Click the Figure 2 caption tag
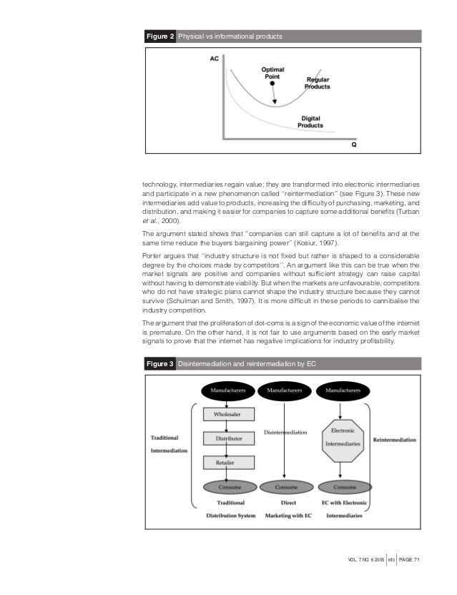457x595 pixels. tap(159, 36)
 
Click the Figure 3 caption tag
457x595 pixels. tap(159, 364)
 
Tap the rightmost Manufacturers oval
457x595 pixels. tap(342, 390)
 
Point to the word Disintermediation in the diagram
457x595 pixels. tap(285, 433)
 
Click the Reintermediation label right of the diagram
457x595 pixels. tap(394, 440)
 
